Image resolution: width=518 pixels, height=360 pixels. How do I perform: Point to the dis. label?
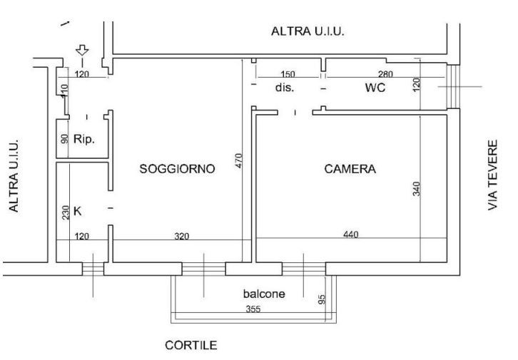285,88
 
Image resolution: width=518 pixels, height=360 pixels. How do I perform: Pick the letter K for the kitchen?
78,211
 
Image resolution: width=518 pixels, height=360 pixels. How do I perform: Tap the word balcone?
263,294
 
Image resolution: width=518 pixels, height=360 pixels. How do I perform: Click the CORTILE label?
191,345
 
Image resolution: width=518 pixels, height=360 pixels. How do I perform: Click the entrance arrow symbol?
82,51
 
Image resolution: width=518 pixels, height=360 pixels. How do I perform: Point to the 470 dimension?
239,161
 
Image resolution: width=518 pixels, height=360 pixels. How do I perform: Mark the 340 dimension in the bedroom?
417,189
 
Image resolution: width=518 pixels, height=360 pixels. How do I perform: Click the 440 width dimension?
350,234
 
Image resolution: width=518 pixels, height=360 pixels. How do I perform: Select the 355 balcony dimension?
253,309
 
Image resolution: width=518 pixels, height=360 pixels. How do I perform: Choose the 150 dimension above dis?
288,75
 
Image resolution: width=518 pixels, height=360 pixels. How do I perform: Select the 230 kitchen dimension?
65,212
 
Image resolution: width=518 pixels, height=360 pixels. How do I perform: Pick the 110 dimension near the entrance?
64,91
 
